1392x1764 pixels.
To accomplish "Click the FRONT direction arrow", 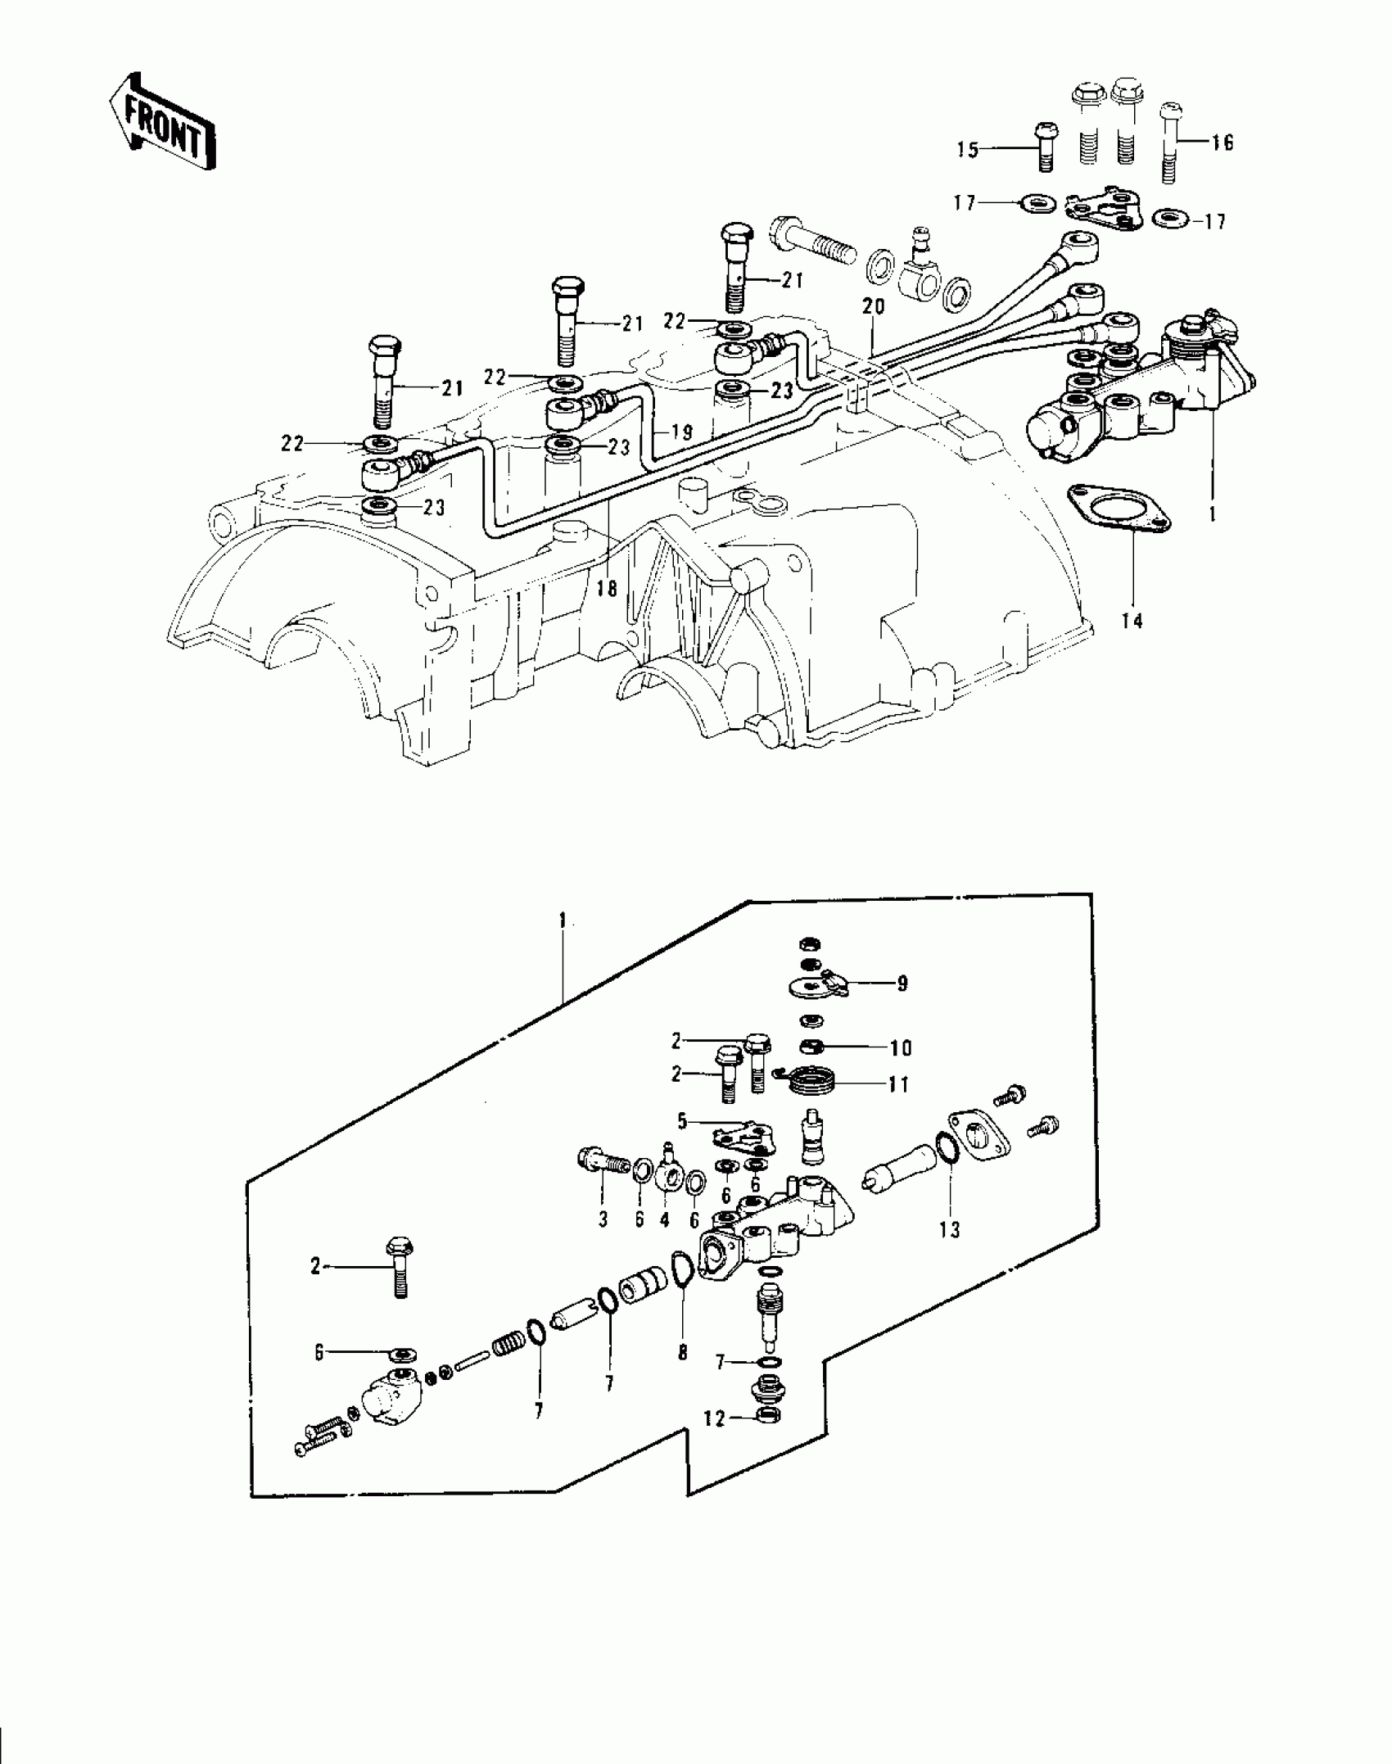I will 162,121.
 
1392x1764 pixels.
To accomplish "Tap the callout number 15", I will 968,150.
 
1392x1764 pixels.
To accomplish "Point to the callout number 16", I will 1222,142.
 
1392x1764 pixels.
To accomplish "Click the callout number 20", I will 874,305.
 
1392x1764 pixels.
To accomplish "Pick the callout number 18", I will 607,588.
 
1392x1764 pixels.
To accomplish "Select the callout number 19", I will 681,432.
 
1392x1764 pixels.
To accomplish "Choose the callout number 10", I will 900,1048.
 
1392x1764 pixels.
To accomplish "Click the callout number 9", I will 902,984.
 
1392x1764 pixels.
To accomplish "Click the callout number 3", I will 603,1242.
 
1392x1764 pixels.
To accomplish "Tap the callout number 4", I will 664,1242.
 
